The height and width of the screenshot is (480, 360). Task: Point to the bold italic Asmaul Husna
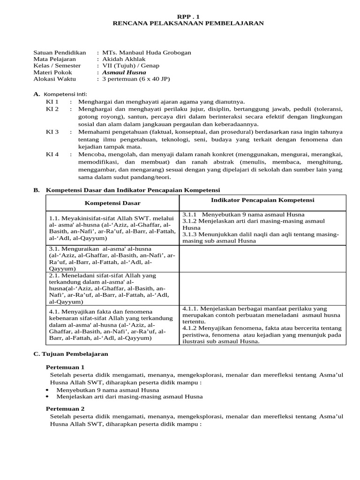tap(124, 72)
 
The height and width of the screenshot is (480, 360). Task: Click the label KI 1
tap(52, 101)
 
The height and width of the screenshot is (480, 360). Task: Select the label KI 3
tap(52, 132)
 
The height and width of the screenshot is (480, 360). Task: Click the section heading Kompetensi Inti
tap(66, 94)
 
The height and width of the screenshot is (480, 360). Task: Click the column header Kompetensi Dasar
tap(112, 203)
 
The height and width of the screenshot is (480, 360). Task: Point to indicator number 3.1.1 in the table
tap(190, 214)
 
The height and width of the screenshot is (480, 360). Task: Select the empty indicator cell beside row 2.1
tap(262, 288)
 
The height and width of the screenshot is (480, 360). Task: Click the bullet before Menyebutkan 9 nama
tap(48, 390)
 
